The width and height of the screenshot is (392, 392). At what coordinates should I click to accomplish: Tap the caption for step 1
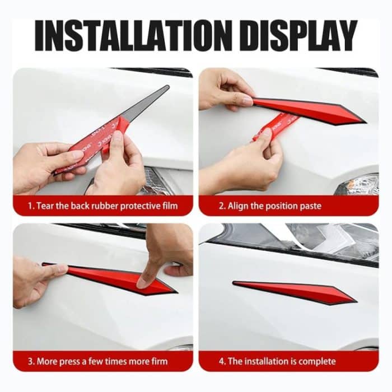pyautogui.click(x=103, y=206)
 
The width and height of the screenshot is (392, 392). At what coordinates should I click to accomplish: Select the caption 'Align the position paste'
pyautogui.click(x=274, y=206)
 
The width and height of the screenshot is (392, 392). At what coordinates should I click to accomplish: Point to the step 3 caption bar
pyautogui.click(x=103, y=361)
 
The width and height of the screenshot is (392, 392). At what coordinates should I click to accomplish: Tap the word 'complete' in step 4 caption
pyautogui.click(x=319, y=361)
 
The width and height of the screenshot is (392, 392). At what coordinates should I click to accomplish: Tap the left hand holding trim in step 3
pyautogui.click(x=34, y=280)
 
